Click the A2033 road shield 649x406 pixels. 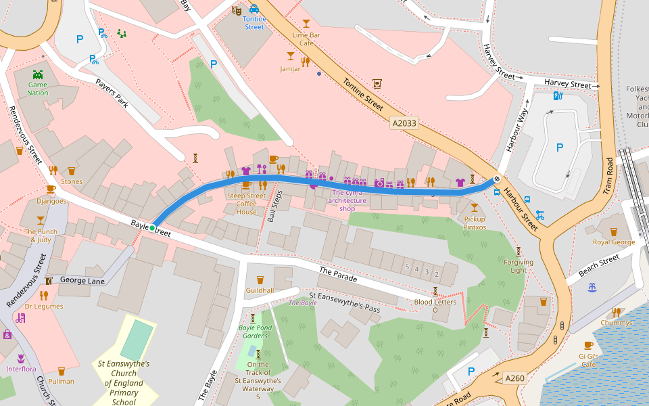(x=404, y=124)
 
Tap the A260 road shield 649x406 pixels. (x=515, y=379)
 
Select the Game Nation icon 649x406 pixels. (x=38, y=74)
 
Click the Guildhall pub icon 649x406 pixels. (x=260, y=279)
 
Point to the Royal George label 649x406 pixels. (x=614, y=242)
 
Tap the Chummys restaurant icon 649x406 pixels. (x=616, y=312)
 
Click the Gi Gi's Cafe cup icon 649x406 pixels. (x=588, y=345)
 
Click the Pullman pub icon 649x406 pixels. (x=62, y=371)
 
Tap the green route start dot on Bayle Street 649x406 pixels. (x=152, y=227)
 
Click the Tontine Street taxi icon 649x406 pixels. (x=254, y=9)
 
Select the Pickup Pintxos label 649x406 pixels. (x=475, y=223)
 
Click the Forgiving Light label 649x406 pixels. (x=519, y=266)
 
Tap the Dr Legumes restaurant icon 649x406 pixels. (x=44, y=295)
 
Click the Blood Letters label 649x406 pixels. (x=435, y=302)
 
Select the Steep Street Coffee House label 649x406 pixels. (x=246, y=204)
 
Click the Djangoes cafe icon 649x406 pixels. (x=51, y=189)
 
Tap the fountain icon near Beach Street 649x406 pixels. (x=592, y=288)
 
